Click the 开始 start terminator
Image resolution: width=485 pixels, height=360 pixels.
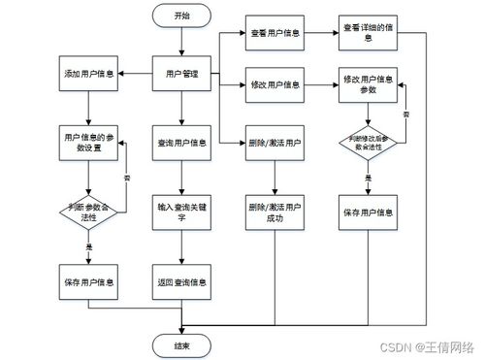click(x=182, y=16)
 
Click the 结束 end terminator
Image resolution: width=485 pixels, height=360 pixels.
click(x=182, y=344)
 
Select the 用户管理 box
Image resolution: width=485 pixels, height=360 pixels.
click(x=182, y=75)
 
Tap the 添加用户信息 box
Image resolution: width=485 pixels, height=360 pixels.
click(x=89, y=75)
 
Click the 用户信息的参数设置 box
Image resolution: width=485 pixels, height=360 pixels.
click(x=89, y=143)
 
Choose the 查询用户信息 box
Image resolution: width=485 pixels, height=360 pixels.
click(x=182, y=143)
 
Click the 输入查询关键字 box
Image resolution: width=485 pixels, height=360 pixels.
click(x=182, y=212)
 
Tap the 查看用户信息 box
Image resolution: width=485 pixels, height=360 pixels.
click(x=275, y=33)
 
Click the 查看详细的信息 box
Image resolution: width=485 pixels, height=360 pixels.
click(x=369, y=33)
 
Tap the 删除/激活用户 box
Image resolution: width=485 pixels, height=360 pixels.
click(x=275, y=143)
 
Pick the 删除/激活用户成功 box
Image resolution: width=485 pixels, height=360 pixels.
click(x=275, y=212)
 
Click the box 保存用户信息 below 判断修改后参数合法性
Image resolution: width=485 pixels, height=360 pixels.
click(x=369, y=212)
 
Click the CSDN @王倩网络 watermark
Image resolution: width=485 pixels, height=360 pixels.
click(x=427, y=345)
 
